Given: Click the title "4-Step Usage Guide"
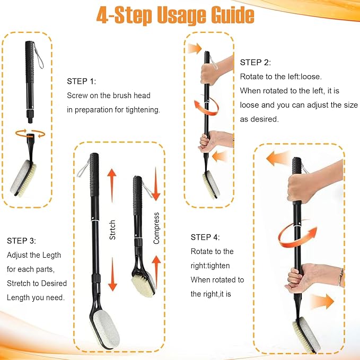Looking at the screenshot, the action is click(175, 15).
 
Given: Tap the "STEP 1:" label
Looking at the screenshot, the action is click(81, 81).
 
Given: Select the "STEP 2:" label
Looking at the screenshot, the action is click(256, 63).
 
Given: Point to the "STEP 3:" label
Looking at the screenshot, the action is click(21, 241).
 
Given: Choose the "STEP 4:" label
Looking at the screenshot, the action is click(205, 237).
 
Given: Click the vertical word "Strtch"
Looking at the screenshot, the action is click(112, 230).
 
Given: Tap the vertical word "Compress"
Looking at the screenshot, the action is click(156, 228).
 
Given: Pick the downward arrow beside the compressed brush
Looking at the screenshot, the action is click(156, 184).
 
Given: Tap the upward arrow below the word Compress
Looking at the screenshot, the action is click(156, 271).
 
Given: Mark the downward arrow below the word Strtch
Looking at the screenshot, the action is click(112, 274).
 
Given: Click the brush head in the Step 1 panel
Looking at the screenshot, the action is click(23, 178).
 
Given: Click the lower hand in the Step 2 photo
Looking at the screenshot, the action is click(215, 141).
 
